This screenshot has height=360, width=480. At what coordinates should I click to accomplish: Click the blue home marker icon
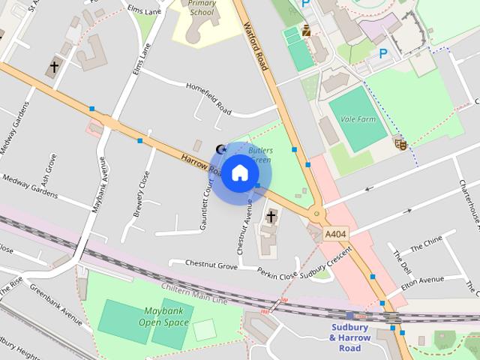[x=239, y=173]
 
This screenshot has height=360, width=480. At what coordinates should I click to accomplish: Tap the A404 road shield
[x=335, y=235]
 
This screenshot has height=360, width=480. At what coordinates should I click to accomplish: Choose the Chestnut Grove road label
[x=202, y=264]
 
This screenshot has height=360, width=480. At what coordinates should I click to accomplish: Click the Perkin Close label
[x=277, y=274]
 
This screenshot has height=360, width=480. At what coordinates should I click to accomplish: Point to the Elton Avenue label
[x=423, y=280]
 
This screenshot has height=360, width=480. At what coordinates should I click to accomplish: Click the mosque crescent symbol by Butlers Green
[x=220, y=149]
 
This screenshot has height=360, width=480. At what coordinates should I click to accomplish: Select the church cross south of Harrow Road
[x=270, y=217]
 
